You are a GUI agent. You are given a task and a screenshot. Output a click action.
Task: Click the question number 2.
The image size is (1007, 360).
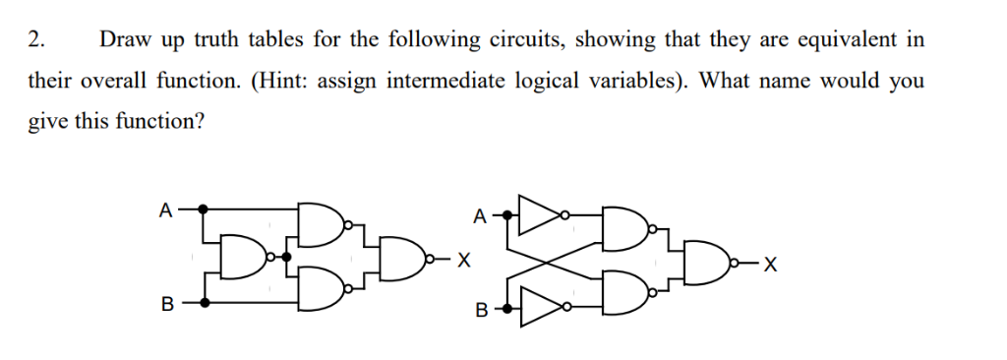pyautogui.click(x=35, y=40)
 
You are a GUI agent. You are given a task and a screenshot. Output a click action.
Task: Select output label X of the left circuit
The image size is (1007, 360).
pyautogui.click(x=463, y=262)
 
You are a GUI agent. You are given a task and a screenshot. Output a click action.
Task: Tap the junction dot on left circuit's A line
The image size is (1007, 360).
pyautogui.click(x=204, y=209)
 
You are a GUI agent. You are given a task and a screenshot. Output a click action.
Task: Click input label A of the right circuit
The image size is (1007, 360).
pyautogui.click(x=479, y=214)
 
